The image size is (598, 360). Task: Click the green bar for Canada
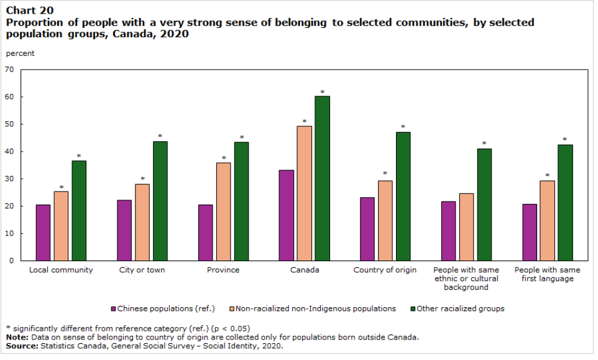322,178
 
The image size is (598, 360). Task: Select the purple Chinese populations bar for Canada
286,215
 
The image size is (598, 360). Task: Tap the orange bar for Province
223,211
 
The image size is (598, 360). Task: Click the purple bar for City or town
124,230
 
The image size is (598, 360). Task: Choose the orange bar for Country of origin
385,221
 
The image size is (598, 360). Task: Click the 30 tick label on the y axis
9,179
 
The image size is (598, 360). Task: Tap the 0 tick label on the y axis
12,261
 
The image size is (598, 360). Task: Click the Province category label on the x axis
223,270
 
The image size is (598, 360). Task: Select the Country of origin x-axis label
385,270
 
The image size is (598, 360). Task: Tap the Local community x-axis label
61,270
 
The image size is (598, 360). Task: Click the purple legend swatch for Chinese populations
113,308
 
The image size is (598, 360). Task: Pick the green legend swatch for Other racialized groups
412,308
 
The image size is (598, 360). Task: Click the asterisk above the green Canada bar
322,92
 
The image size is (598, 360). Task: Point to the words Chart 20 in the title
29,10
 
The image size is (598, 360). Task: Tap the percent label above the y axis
20,53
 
